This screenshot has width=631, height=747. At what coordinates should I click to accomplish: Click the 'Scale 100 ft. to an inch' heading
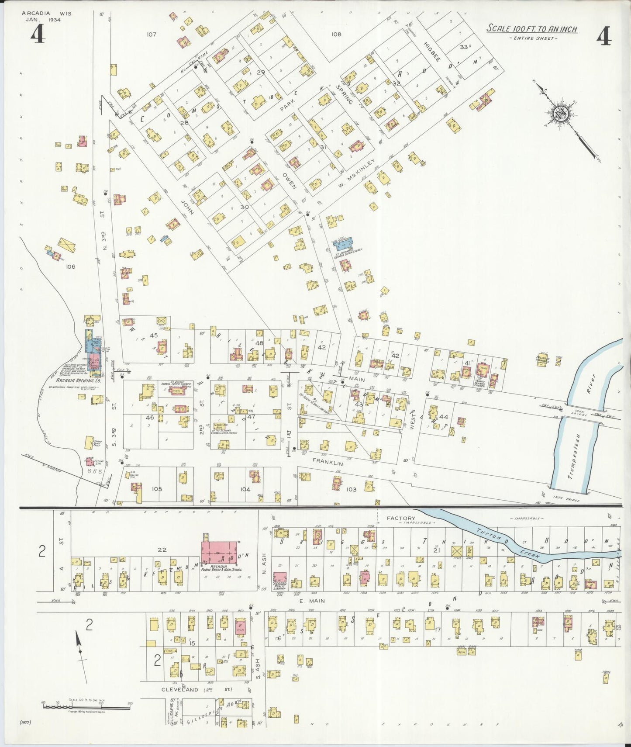tap(532, 29)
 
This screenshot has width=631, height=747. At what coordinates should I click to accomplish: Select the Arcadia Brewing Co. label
tap(78, 380)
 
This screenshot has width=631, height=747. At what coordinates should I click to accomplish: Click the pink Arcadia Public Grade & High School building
tap(220, 553)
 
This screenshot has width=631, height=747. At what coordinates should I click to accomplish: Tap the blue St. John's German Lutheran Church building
tap(345, 244)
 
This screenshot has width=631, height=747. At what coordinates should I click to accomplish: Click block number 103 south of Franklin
tap(351, 489)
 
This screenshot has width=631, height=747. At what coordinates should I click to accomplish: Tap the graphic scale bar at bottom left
tap(86, 706)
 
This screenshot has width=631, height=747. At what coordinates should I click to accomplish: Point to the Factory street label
tap(401, 518)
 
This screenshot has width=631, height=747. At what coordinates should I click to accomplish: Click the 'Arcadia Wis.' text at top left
tap(47, 14)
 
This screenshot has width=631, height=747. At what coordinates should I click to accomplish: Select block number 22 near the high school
tap(162, 550)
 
